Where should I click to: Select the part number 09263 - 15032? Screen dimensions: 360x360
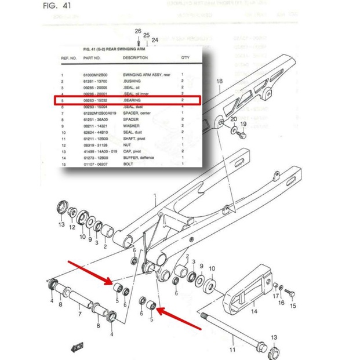[x=97, y=100]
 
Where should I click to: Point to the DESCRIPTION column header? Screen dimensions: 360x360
[x=136, y=59]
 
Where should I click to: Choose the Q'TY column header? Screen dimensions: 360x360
[x=185, y=59]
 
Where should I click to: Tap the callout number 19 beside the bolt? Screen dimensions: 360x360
[x=243, y=124]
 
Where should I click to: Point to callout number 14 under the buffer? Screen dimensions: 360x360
[x=253, y=311]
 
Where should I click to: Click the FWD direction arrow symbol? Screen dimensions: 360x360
[x=77, y=347]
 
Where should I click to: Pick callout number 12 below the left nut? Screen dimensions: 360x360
[x=72, y=228]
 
